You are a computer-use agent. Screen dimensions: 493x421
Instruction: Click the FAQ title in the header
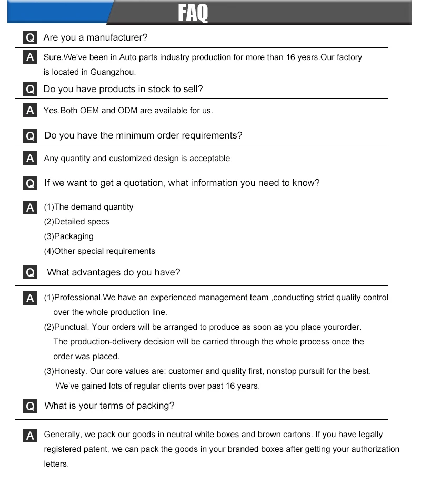[193, 13]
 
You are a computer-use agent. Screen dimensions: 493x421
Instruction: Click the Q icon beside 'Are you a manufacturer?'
[30, 38]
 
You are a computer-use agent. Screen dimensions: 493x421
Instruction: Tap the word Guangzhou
[113, 72]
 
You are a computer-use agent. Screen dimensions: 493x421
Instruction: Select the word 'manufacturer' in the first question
[117, 38]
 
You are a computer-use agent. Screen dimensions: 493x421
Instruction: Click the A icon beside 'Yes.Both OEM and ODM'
[30, 111]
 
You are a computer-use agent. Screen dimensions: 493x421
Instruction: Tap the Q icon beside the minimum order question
[30, 136]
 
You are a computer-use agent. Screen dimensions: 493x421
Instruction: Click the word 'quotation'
[139, 183]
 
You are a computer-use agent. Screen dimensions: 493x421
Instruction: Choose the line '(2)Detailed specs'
[77, 222]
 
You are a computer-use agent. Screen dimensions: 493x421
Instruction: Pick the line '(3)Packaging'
[69, 236]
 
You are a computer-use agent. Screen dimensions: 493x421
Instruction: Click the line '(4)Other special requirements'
[99, 251]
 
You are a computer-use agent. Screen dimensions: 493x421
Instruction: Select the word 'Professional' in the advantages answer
[77, 298]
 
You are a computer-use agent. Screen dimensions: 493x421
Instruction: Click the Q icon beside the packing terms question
[30, 406]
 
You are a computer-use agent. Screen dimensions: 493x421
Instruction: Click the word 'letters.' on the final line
[56, 464]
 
